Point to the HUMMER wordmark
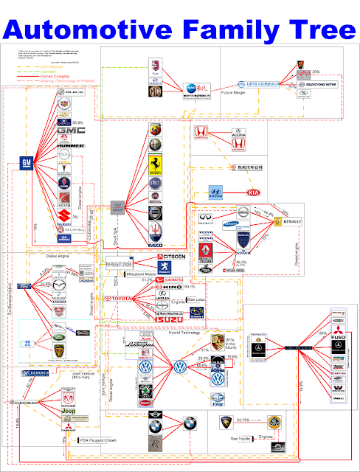tap(66, 146)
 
